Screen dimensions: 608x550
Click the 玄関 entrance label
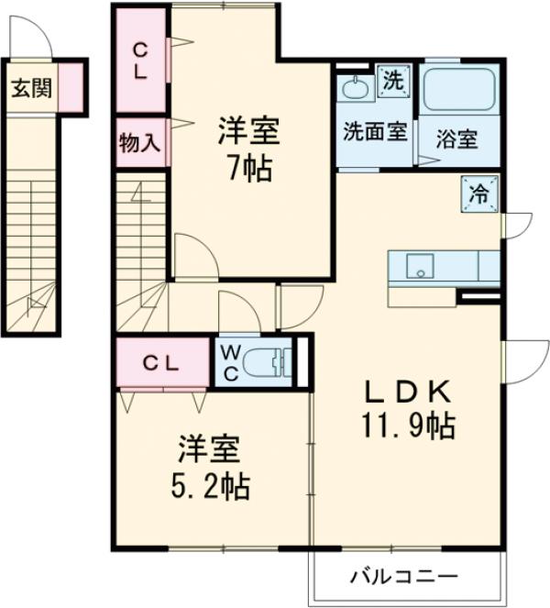[31, 88]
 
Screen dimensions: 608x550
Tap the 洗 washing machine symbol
[392, 80]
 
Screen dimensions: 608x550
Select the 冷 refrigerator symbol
[478, 193]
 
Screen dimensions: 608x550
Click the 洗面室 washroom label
[375, 131]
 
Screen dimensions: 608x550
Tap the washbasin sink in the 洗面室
[353, 88]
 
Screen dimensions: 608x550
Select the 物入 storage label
[140, 143]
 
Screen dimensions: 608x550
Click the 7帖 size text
[247, 171]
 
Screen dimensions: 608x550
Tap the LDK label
[408, 392]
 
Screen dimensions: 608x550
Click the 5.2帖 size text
[208, 486]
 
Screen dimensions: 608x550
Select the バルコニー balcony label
[404, 577]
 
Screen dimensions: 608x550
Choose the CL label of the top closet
[140, 61]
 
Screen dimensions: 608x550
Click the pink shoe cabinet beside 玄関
[71, 88]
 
